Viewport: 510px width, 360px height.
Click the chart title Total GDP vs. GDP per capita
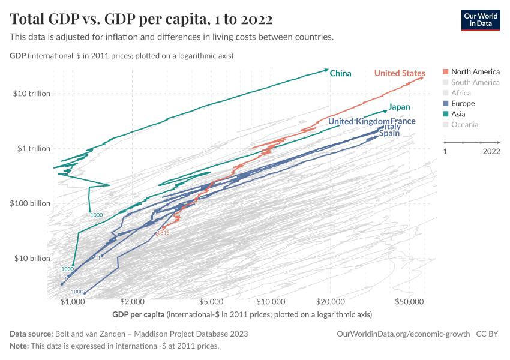click(x=142, y=20)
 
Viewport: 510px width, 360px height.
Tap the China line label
click(x=340, y=73)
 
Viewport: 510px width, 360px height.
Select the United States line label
click(x=400, y=73)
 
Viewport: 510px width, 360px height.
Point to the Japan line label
click(x=399, y=107)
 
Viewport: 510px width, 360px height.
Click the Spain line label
click(x=389, y=133)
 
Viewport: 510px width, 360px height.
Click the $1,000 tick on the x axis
click(x=73, y=302)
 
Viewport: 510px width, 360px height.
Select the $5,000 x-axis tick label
click(x=212, y=302)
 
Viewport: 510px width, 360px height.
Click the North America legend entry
click(x=475, y=71)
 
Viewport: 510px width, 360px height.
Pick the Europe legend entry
click(x=463, y=104)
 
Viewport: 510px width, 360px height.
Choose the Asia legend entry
click(x=459, y=114)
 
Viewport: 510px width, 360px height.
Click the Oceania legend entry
click(x=464, y=125)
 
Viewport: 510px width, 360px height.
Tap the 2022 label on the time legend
click(x=490, y=152)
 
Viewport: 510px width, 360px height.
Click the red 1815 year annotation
click(x=163, y=233)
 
